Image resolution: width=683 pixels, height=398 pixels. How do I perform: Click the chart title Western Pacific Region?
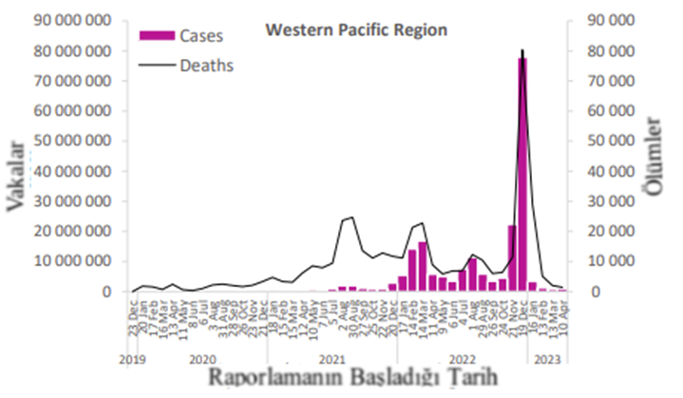pyautogui.click(x=355, y=30)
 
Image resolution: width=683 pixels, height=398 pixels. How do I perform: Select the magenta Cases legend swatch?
pyautogui.click(x=158, y=35)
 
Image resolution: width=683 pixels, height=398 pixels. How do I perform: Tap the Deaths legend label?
pyautogui.click(x=208, y=66)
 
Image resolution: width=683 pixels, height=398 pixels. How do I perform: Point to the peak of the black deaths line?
pyautogui.click(x=522, y=50)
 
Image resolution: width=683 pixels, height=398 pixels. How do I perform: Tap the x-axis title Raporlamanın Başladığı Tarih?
pyautogui.click(x=355, y=379)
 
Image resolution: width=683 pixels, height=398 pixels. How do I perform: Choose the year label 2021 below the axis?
pyautogui.click(x=332, y=360)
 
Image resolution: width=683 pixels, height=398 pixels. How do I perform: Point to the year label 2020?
pyautogui.click(x=202, y=360)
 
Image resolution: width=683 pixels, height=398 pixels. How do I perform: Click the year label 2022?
pyautogui.click(x=462, y=360)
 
